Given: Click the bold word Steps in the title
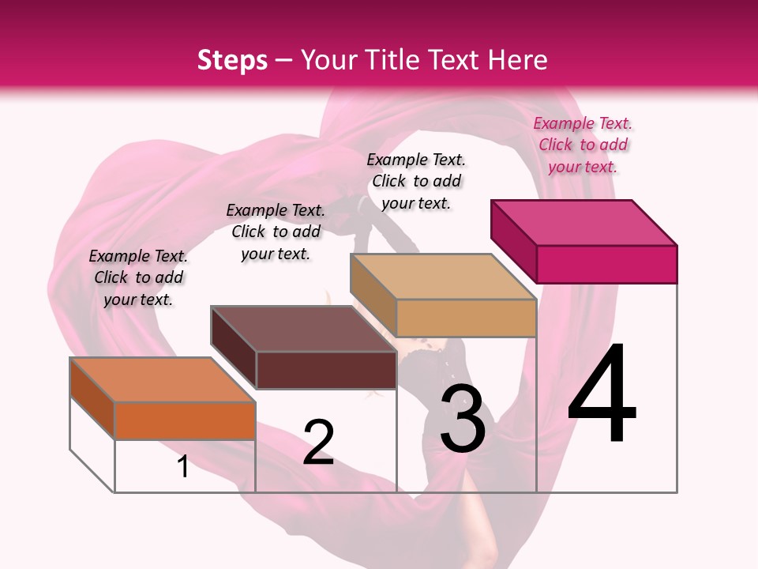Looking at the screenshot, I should click(232, 60).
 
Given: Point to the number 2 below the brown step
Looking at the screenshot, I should click(318, 442).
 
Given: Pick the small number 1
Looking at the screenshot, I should click(183, 466).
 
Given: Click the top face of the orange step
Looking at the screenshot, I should click(163, 380).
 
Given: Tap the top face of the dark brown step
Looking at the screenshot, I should click(304, 329).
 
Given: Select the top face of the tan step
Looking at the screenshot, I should click(444, 277).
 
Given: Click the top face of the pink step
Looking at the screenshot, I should click(584, 223).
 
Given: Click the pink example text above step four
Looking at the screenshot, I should click(583, 145).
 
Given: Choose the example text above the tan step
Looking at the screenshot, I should click(416, 181).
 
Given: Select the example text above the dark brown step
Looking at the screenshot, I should click(276, 232).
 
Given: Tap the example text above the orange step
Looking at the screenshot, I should click(138, 277).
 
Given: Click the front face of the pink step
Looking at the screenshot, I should click(606, 264).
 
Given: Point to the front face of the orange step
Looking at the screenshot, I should click(185, 420).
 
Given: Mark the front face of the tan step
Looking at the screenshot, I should click(466, 318).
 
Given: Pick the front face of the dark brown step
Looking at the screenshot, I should click(326, 370).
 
